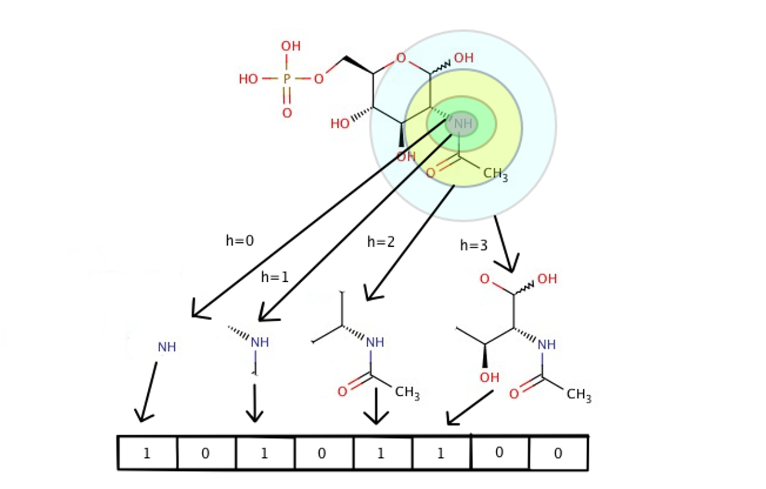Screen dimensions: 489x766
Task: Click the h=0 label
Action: pos(240,241)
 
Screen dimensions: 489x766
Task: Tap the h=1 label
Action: pos(275,277)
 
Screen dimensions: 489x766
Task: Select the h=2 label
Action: pos(381,242)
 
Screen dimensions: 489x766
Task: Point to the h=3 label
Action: pos(473,246)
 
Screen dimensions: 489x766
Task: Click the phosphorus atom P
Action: pos(287,79)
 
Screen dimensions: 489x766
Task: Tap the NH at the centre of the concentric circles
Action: pos(463,124)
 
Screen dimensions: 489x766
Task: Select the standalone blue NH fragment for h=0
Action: pos(167,347)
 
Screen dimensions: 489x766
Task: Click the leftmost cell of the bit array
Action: pos(147,453)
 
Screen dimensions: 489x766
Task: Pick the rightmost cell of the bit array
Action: pos(558,453)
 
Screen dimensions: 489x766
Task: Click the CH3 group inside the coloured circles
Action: pos(495,174)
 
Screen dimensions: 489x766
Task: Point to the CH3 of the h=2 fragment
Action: pos(407,392)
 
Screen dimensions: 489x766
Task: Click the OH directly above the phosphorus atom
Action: pos(290,46)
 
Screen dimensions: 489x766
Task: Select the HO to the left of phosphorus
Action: pos(248,79)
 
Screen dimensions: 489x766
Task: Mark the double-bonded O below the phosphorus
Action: pos(287,113)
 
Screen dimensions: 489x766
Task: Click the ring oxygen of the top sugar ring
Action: pos(400,58)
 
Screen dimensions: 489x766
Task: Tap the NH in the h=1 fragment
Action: pos(259,342)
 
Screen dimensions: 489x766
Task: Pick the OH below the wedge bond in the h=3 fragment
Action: pos(489,377)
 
